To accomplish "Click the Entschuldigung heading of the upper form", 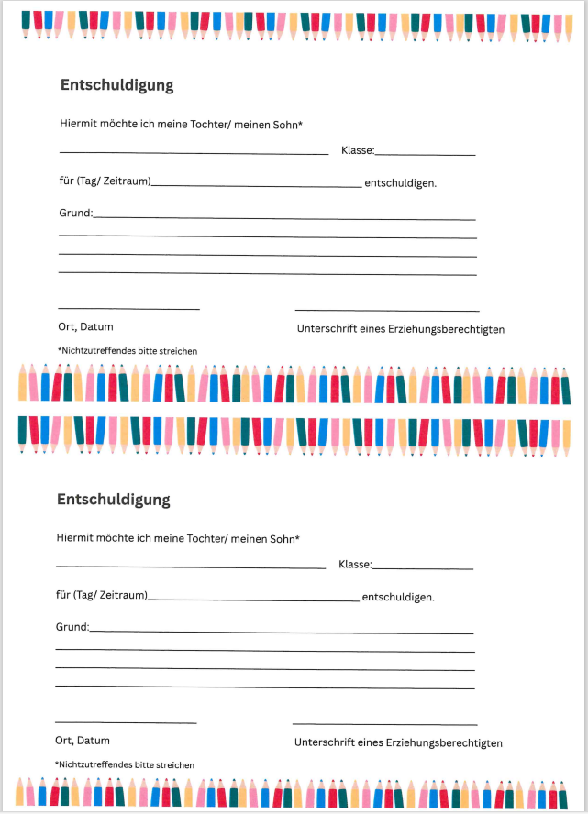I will tap(116, 85).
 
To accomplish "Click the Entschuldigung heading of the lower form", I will tap(114, 500).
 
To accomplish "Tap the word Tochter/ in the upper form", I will tap(211, 125).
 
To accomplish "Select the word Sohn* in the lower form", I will tap(283, 539).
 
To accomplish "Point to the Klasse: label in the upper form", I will tap(357, 152).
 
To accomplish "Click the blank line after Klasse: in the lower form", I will tap(423, 568).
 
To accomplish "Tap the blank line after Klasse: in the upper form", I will tap(426, 155).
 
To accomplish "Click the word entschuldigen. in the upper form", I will tap(400, 183).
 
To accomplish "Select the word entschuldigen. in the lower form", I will tap(398, 598).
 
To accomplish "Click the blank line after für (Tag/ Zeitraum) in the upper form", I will tap(257, 186).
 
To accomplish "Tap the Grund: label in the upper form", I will tap(75, 214).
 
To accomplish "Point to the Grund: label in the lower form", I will tap(72, 628).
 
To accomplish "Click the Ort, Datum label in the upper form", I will tap(85, 327).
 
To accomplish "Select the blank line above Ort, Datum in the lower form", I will tap(126, 722).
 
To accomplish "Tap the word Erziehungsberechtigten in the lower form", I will tap(443, 743).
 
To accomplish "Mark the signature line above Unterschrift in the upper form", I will tap(386, 312).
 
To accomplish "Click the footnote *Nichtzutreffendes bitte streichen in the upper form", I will tap(128, 351).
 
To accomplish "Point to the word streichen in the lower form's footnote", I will tap(174, 764).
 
